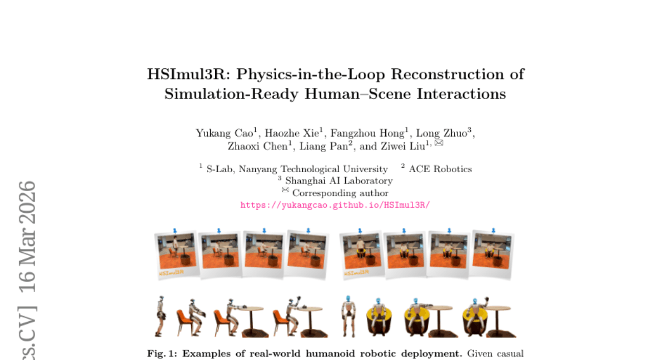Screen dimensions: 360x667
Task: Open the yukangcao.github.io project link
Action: (x=335, y=205)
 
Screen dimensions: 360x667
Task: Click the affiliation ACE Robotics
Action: (x=440, y=169)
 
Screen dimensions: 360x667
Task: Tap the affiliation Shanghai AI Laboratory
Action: (x=339, y=181)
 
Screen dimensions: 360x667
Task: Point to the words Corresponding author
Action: (x=340, y=193)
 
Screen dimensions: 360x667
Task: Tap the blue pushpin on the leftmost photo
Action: (x=175, y=230)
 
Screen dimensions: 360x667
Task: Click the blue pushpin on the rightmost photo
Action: (x=493, y=229)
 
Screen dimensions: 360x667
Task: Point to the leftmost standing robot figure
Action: (x=161, y=316)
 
